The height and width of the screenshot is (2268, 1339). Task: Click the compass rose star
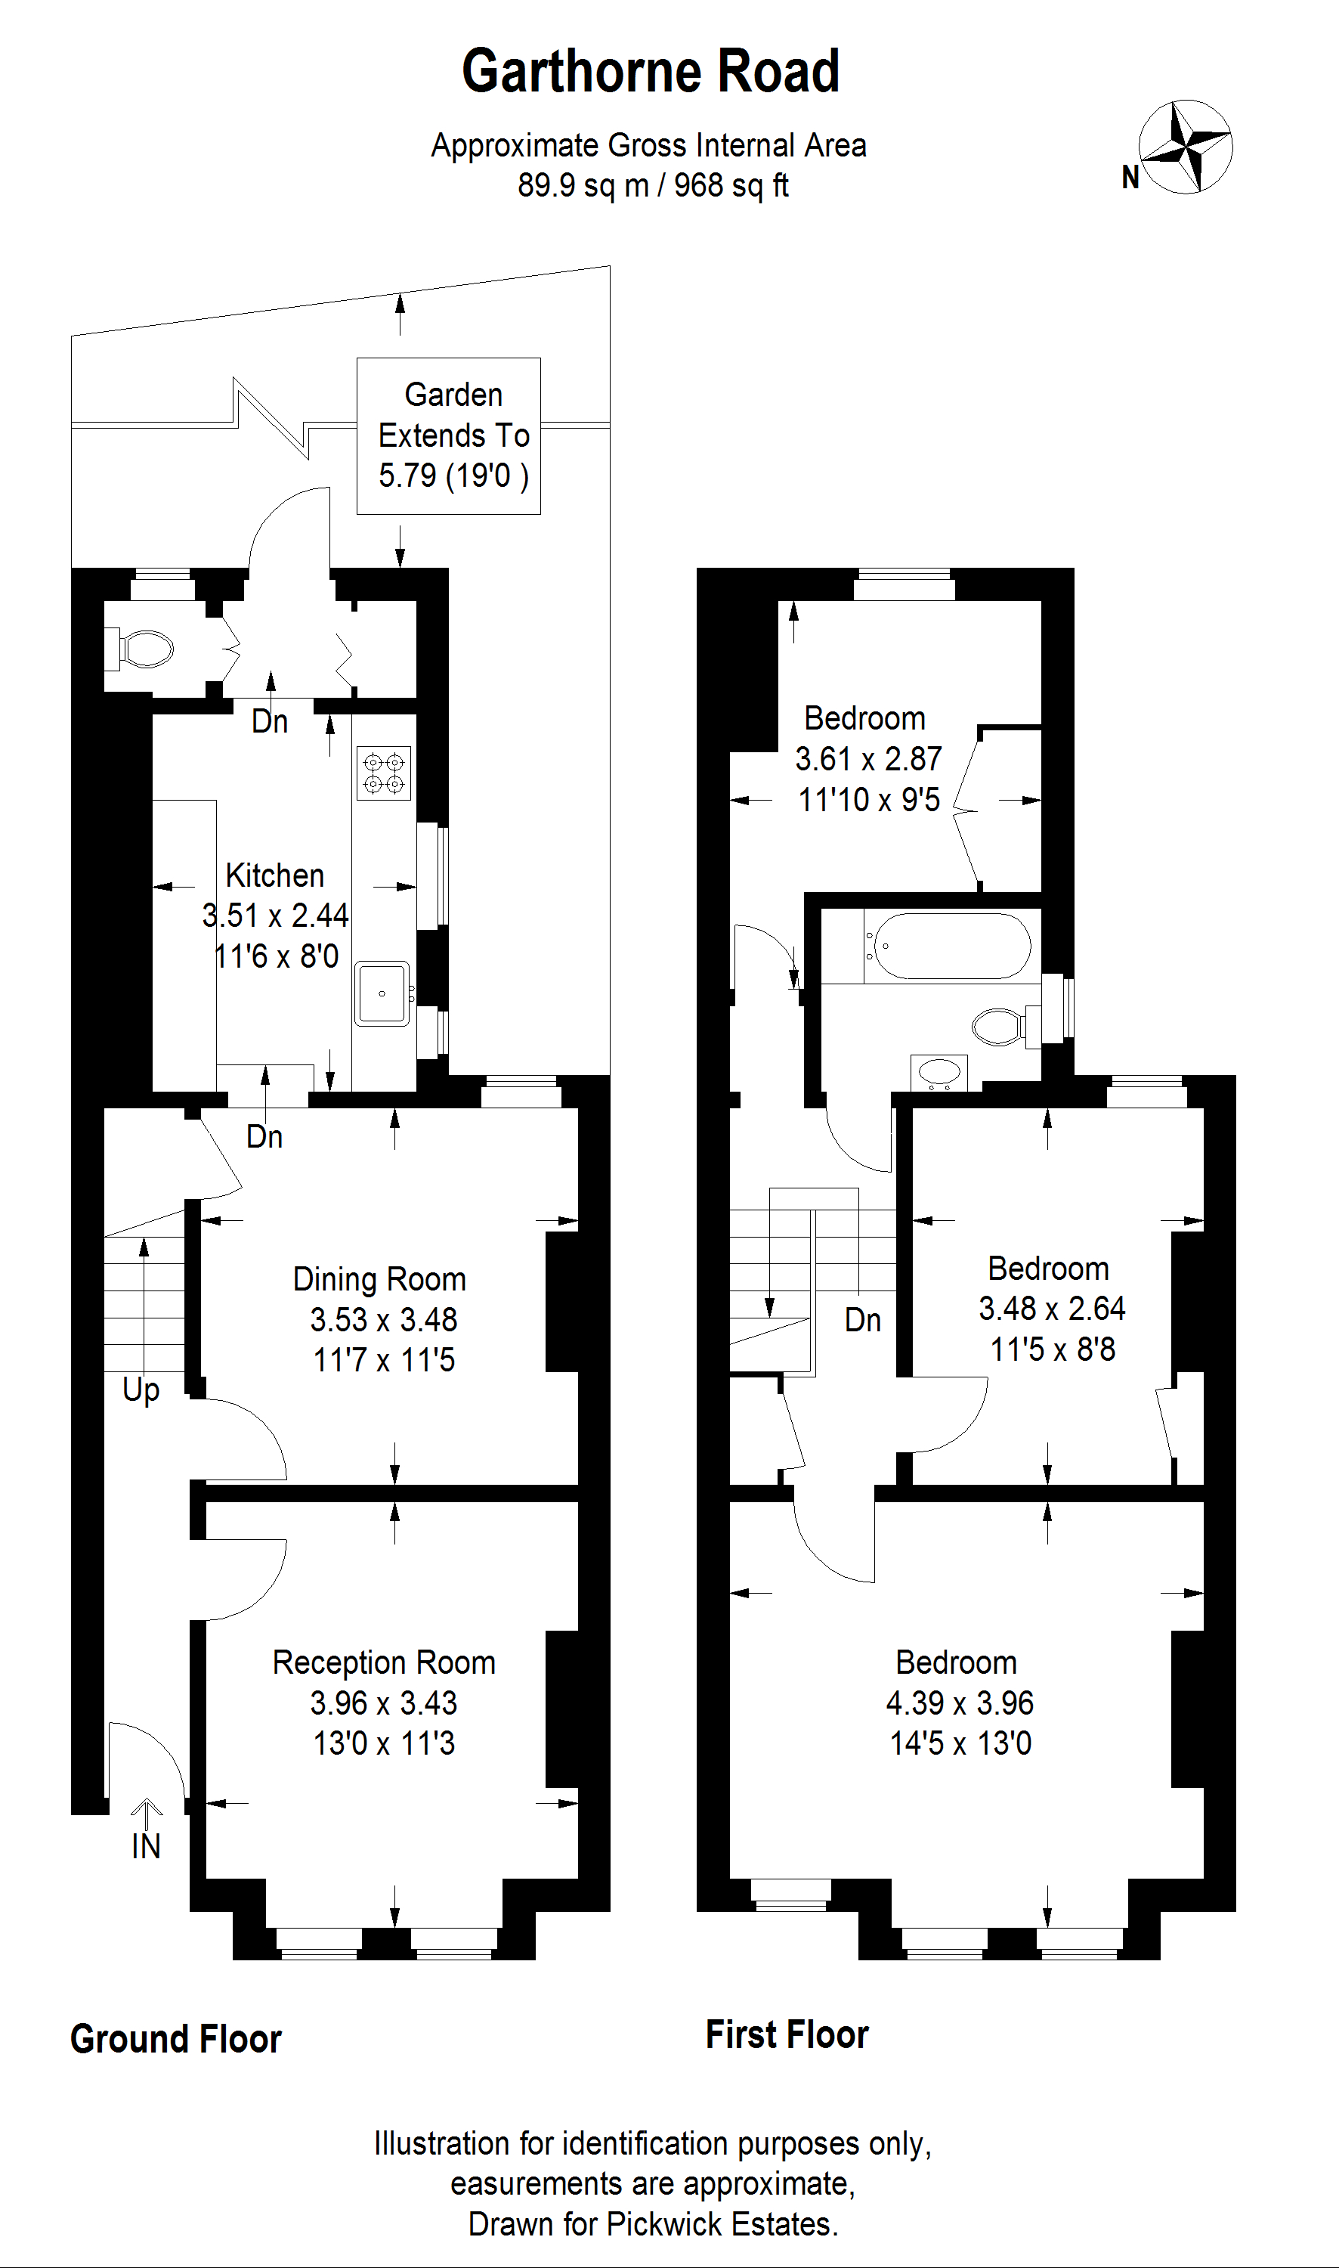click(x=1186, y=146)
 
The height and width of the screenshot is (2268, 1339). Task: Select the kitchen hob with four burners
click(x=383, y=773)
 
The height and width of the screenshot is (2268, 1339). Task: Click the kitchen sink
click(x=382, y=993)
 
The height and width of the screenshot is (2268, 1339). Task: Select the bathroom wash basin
click(x=939, y=1072)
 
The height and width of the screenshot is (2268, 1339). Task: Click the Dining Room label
click(x=380, y=1279)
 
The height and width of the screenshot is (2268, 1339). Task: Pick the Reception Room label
click(x=385, y=1662)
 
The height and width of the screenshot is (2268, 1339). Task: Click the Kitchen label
click(x=275, y=875)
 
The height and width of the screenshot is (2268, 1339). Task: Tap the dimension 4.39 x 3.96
click(x=960, y=1703)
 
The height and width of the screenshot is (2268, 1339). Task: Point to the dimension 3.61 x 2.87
click(x=868, y=759)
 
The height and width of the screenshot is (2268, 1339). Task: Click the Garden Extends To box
click(x=448, y=436)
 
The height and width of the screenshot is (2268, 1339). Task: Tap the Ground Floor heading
click(x=176, y=2040)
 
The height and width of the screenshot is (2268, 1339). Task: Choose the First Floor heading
click(x=787, y=2035)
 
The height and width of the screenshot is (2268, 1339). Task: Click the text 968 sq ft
click(x=731, y=185)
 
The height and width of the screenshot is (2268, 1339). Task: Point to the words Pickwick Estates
click(x=722, y=2225)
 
